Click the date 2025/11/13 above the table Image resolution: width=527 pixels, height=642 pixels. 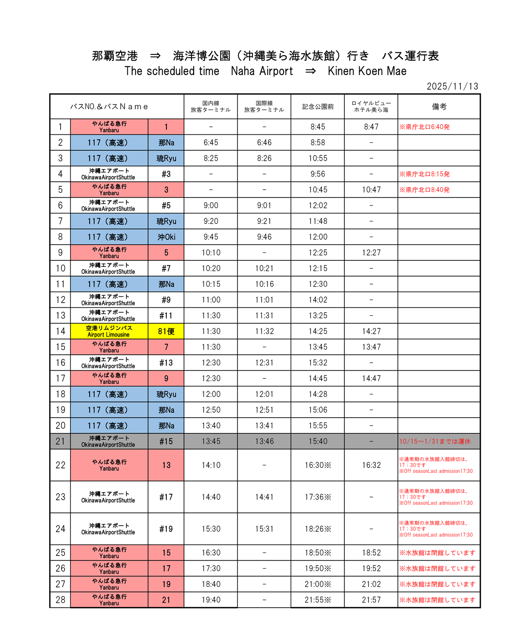452,86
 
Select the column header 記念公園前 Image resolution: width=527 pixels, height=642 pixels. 318,107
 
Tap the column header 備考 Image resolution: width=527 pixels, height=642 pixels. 439,107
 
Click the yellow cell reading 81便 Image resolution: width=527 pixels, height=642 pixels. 166,331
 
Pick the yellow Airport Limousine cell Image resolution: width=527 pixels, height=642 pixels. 109,331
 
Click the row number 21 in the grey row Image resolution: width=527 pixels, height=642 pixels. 60,441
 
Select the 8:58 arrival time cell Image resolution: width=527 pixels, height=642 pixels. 318,143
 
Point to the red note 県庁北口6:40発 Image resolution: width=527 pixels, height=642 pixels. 425,127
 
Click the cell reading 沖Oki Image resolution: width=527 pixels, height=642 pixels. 166,237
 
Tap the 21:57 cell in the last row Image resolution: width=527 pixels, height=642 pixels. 371,600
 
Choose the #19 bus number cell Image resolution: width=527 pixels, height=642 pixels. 166,529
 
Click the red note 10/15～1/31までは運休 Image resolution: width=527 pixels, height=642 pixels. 434,441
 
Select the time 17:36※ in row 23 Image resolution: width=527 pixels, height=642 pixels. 318,497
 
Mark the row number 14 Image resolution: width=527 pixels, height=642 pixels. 60,331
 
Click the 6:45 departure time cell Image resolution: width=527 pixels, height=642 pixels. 211,143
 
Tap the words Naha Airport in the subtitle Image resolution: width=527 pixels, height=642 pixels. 262,71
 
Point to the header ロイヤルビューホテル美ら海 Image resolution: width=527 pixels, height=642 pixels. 371,107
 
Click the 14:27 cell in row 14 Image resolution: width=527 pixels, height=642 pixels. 371,331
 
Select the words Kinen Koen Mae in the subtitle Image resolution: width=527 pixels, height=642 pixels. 367,71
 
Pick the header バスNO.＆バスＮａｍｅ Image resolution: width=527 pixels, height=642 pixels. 109,107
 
